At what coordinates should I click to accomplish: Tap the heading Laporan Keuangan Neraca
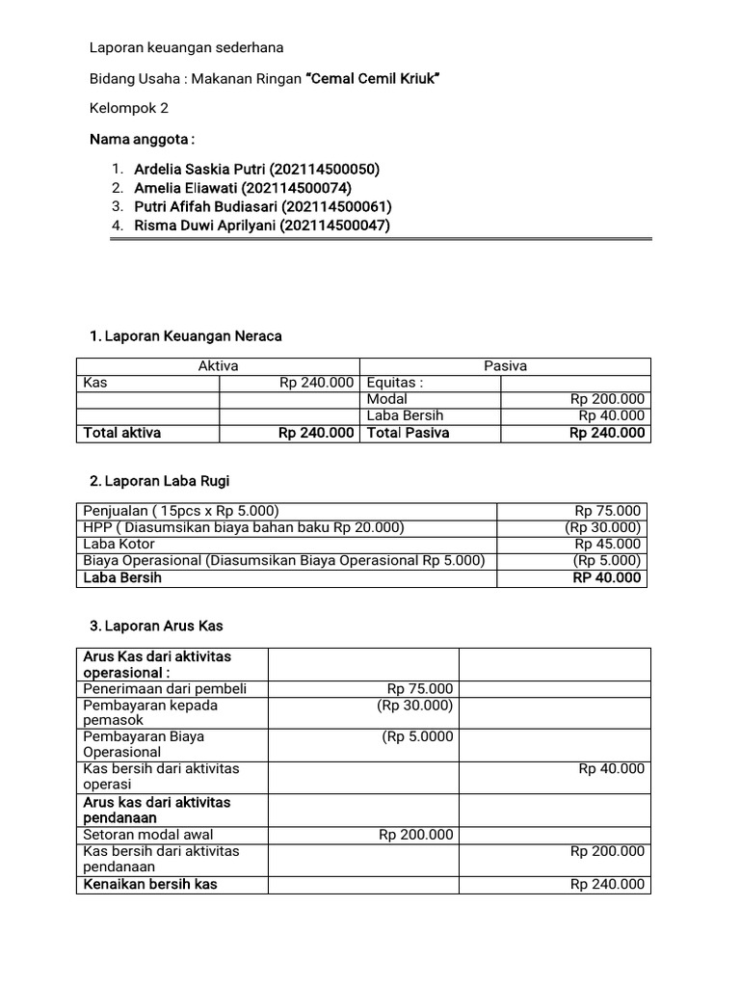click(186, 336)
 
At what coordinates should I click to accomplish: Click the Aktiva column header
click(218, 366)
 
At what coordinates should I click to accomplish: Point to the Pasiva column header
click(505, 366)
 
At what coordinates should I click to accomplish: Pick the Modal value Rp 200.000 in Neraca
click(607, 399)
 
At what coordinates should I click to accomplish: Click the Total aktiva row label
click(122, 433)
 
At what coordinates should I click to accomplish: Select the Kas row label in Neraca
click(95, 383)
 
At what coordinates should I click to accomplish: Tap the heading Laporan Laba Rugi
click(159, 481)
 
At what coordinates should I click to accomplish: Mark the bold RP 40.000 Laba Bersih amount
click(606, 578)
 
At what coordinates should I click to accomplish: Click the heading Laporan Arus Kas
click(156, 627)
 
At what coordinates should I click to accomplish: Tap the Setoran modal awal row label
click(149, 835)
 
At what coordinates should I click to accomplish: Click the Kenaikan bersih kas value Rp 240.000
click(607, 885)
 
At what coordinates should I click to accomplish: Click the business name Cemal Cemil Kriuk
click(373, 78)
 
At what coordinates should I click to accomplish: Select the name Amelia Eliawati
click(243, 188)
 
